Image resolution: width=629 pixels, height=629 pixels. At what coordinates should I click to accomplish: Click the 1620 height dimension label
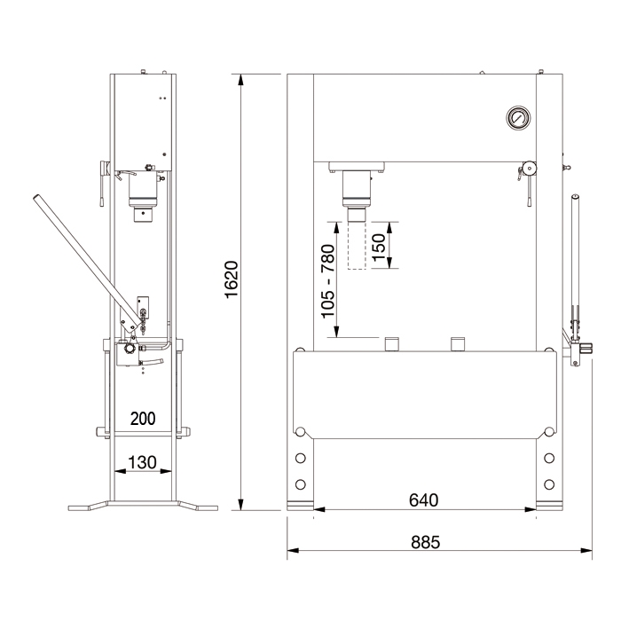[x=232, y=279]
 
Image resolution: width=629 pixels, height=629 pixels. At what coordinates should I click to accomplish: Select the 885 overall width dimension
[x=425, y=542]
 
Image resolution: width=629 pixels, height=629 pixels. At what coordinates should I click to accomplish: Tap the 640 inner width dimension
[x=423, y=499]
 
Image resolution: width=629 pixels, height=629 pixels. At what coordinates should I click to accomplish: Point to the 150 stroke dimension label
[x=379, y=248]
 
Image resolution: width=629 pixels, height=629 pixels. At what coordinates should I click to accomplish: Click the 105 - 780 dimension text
[x=327, y=281]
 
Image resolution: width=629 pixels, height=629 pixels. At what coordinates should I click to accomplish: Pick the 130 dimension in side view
[x=142, y=462]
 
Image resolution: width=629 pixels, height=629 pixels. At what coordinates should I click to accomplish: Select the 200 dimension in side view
[x=143, y=419]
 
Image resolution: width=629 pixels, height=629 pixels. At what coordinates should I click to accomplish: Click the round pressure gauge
[x=518, y=118]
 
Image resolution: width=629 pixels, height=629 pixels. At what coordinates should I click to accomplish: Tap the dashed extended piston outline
[x=357, y=245]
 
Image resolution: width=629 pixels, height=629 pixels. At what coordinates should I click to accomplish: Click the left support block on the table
[x=391, y=344]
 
